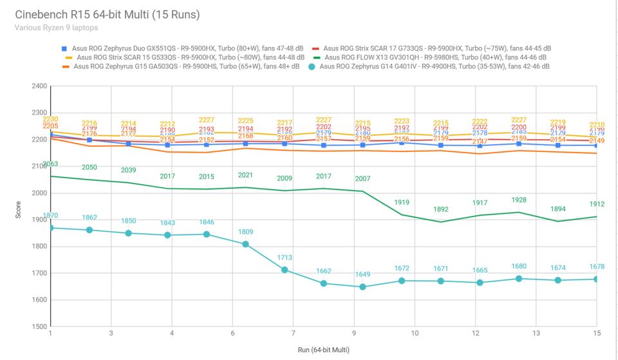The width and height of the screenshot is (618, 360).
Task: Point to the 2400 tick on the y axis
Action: [x=39, y=86]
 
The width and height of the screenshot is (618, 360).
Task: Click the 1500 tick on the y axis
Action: [x=39, y=327]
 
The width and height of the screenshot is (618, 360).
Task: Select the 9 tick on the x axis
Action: [x=353, y=334]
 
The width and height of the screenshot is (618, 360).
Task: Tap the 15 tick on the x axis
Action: [x=596, y=334]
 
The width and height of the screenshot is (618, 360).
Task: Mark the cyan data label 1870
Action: [x=50, y=216]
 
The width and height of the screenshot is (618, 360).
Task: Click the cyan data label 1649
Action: [x=362, y=274]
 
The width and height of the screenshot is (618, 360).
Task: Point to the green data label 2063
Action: [x=50, y=164]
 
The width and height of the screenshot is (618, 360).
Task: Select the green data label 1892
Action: [x=441, y=209]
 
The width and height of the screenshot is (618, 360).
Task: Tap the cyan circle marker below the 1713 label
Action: [x=285, y=270]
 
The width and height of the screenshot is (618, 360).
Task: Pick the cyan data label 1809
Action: [x=245, y=232]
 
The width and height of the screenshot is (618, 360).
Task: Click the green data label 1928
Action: [x=518, y=200]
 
